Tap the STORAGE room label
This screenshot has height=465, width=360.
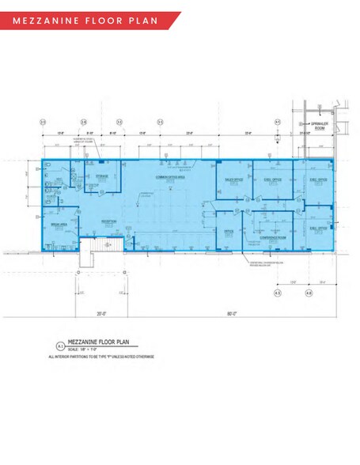102,176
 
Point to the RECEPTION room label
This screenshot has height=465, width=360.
108,221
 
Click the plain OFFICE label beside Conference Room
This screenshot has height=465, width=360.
229,231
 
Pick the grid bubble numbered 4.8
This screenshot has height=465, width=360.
308,293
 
